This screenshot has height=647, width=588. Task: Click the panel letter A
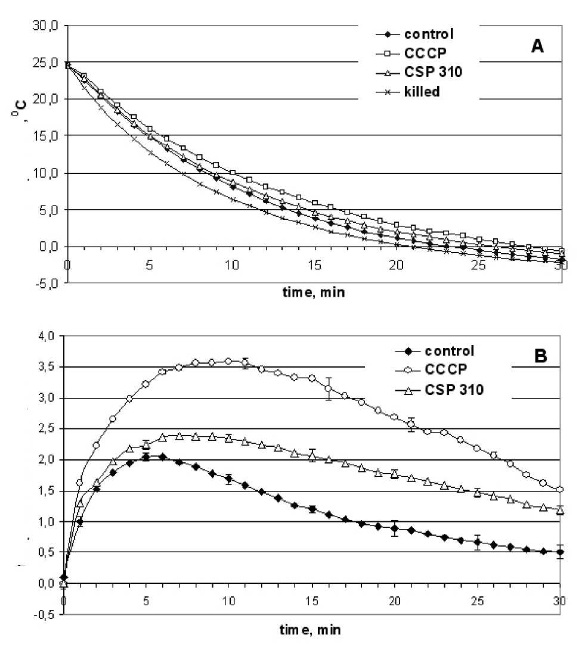(537, 47)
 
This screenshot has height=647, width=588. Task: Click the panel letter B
(540, 358)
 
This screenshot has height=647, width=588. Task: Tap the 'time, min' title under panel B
(312, 628)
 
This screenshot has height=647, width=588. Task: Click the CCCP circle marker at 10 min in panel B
(228, 361)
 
